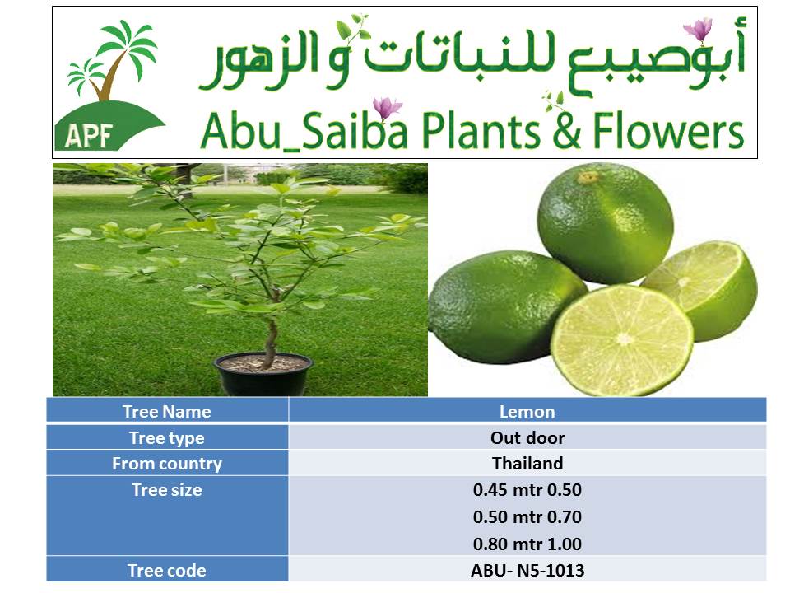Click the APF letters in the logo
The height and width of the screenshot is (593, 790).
[x=88, y=134]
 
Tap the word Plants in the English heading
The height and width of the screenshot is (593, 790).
[x=480, y=131]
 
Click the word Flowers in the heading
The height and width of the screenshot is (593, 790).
[x=668, y=131]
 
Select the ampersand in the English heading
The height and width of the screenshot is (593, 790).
[x=566, y=131]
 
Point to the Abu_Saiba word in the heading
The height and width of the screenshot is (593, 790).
[x=304, y=131]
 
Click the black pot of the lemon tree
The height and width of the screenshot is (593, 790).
[x=263, y=374]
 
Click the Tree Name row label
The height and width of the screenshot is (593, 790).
[x=167, y=412]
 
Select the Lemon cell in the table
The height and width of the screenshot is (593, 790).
[x=527, y=412]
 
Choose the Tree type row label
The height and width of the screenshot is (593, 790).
[x=167, y=437]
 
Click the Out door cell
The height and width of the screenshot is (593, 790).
[x=527, y=437]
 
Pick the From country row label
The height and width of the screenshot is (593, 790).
[x=167, y=464]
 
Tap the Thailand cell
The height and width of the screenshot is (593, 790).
[x=527, y=463]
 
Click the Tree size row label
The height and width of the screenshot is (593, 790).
[x=167, y=489]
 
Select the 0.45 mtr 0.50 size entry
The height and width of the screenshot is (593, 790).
[x=527, y=489]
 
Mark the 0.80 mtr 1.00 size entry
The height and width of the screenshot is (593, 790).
[x=527, y=544]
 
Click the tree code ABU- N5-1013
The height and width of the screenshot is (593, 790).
[x=527, y=570]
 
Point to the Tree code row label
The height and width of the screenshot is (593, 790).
[x=167, y=570]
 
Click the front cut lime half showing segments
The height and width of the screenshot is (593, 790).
[x=623, y=340]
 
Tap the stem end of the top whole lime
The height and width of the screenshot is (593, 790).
[x=588, y=178]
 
